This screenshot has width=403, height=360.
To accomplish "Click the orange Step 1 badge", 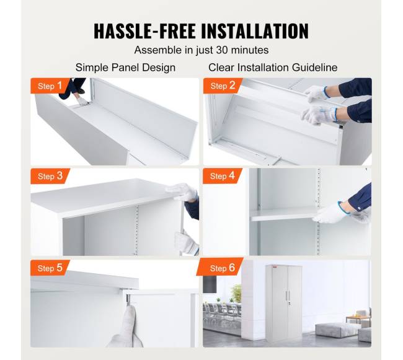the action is click(x=50, y=86).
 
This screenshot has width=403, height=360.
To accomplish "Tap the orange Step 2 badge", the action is click(x=223, y=86).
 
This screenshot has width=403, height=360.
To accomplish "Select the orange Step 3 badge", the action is click(x=50, y=176).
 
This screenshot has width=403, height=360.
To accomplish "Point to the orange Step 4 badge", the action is click(x=223, y=176).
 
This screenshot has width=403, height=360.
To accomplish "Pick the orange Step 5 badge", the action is click(x=50, y=268).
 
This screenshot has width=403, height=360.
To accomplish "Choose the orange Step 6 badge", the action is click(x=221, y=267).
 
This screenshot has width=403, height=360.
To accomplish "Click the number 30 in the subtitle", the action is click(x=222, y=50).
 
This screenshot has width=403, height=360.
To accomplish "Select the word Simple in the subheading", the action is click(x=92, y=68).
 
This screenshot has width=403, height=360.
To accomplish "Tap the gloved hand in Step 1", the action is click(x=82, y=101).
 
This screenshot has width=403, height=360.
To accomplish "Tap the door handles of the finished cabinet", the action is click(x=287, y=295).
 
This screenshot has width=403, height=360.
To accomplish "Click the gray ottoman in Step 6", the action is click(x=334, y=330).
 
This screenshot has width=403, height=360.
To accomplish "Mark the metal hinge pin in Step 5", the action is click(x=128, y=299).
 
